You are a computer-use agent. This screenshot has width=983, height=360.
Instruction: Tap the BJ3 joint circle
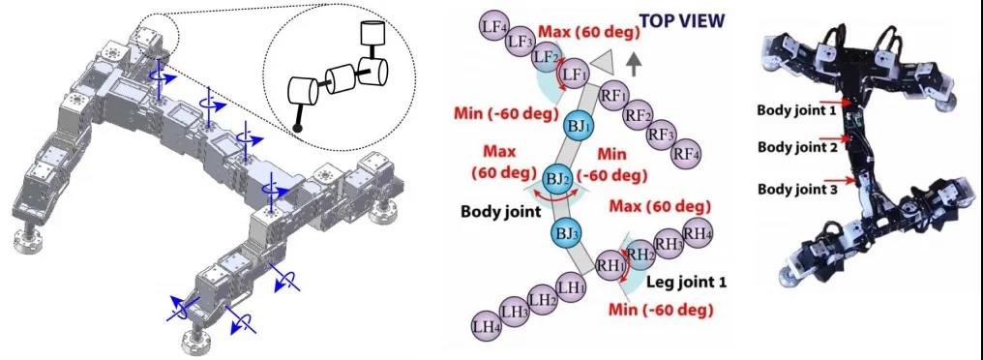point(565,233)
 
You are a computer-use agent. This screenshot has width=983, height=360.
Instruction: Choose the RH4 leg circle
point(697,232)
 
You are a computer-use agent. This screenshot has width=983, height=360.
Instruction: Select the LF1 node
point(573,75)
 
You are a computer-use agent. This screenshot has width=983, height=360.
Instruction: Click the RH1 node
point(610,264)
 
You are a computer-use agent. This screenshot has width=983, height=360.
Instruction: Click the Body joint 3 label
point(797,188)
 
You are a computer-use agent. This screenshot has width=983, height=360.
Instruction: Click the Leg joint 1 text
point(687,283)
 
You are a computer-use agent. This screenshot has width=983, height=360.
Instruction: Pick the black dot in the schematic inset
point(297,129)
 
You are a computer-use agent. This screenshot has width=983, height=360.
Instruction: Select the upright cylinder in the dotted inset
point(372,31)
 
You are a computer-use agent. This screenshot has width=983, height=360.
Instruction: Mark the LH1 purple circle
point(572,287)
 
